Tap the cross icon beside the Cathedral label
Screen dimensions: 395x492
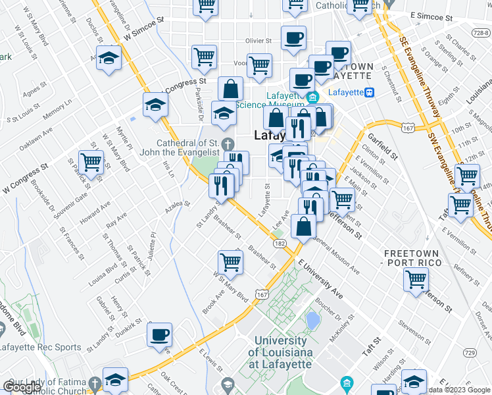tap(228, 144)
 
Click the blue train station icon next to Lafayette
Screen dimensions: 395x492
tap(370, 93)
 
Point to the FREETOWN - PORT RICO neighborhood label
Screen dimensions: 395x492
tap(416, 258)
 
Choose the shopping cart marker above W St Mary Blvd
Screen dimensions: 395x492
tap(231, 261)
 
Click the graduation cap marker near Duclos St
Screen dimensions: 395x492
tap(109, 58)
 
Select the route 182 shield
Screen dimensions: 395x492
tap(280, 244)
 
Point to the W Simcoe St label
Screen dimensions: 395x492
tap(143, 27)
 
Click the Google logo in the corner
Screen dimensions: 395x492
tap(22, 387)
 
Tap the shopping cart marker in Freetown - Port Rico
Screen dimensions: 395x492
tap(416, 279)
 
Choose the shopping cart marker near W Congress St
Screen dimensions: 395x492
tap(91, 162)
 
